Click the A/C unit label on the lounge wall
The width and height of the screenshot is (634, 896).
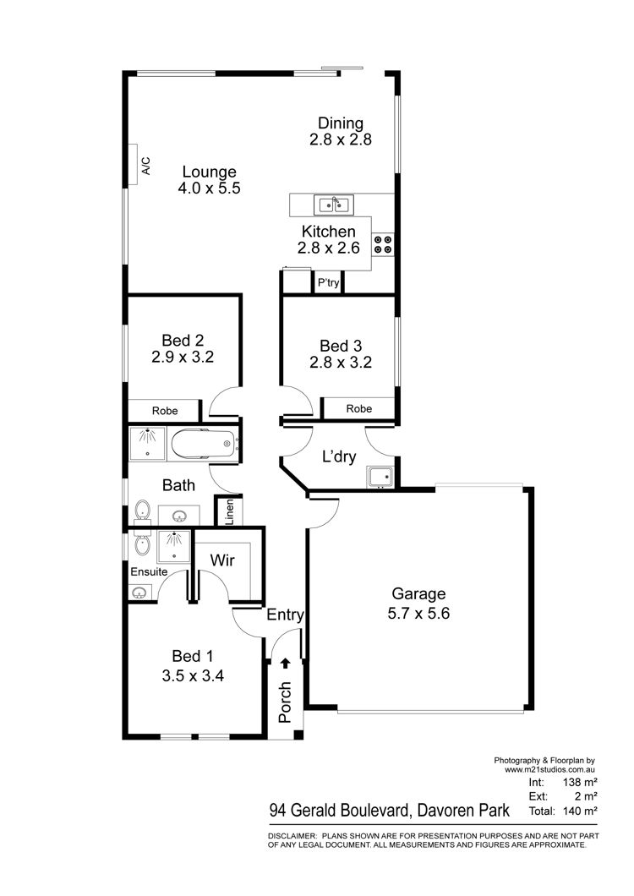pyautogui.click(x=145, y=166)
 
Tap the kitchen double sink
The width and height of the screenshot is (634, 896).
pyautogui.click(x=334, y=205)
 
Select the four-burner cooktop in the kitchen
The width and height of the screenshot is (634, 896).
pyautogui.click(x=383, y=244)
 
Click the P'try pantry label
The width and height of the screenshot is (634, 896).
pyautogui.click(x=328, y=282)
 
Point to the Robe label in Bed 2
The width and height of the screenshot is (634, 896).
pyautogui.click(x=165, y=411)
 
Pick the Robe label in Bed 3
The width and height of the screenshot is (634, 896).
pyautogui.click(x=359, y=408)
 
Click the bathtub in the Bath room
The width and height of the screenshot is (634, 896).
pyautogui.click(x=203, y=444)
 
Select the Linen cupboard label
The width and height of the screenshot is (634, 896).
pyautogui.click(x=229, y=512)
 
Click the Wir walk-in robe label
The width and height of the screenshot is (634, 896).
pyautogui.click(x=222, y=560)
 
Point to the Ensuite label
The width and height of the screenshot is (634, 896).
pyautogui.click(x=149, y=572)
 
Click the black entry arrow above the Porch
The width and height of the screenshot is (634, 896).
pyautogui.click(x=285, y=663)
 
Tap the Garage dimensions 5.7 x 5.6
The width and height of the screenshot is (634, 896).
pyautogui.click(x=418, y=614)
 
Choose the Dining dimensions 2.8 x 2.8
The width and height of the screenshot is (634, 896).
pyautogui.click(x=341, y=139)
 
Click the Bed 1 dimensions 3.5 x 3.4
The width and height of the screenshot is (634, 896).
pyautogui.click(x=193, y=676)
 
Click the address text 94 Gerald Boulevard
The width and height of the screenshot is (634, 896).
pyautogui.click(x=340, y=811)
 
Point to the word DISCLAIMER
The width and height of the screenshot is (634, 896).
pyautogui.click(x=292, y=836)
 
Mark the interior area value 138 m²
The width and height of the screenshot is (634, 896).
pyautogui.click(x=580, y=782)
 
